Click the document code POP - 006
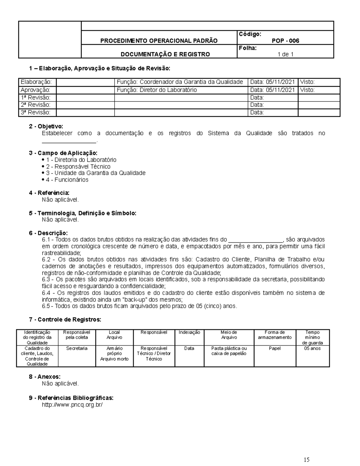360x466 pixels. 285,41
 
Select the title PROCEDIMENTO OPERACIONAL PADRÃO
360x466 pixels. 159,41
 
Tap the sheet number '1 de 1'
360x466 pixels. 285,54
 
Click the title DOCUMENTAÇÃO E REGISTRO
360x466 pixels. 165,54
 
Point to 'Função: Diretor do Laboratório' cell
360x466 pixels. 157,90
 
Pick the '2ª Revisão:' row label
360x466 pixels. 35,105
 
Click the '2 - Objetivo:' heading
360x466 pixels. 46,127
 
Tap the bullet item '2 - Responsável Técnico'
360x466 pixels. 78,167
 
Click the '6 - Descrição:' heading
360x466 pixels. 48,233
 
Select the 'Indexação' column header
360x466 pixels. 189,332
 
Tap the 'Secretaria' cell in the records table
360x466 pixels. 77,348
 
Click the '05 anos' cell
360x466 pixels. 312,348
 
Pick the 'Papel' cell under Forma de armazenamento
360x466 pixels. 274,348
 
